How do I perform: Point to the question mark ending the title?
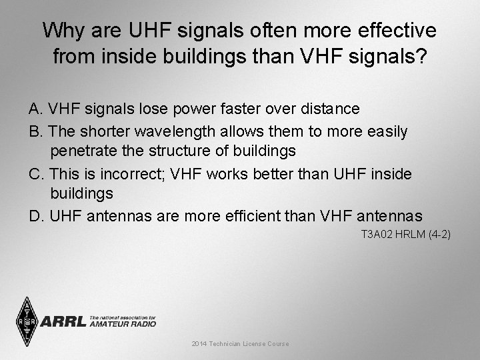(x=421, y=57)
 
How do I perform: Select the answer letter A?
(x=35, y=109)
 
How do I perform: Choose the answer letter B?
(x=35, y=131)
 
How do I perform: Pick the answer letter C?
(x=35, y=174)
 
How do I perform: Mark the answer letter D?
(x=35, y=216)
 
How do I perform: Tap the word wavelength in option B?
(x=185, y=131)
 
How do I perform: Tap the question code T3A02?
(x=377, y=235)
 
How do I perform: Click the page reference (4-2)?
(x=439, y=235)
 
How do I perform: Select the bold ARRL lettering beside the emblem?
(x=63, y=322)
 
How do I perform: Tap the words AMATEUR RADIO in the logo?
(x=123, y=324)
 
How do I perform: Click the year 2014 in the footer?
(x=199, y=344)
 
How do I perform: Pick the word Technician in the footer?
(x=227, y=344)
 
